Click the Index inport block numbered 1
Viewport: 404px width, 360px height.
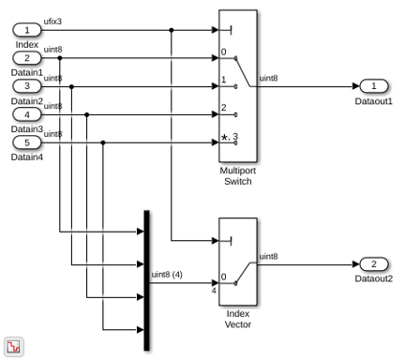click(x=27, y=30)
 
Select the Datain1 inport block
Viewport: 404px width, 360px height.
click(x=27, y=58)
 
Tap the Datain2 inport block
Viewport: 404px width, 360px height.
click(x=27, y=86)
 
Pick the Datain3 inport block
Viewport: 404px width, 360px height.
click(x=27, y=114)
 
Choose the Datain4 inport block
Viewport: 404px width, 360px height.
click(x=27, y=142)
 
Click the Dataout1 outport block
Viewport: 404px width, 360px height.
click(x=374, y=86)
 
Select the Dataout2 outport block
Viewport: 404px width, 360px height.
click(x=374, y=264)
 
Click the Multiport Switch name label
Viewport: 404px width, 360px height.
click(x=238, y=176)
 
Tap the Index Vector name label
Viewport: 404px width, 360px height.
click(x=238, y=319)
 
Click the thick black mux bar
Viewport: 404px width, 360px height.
click(x=146, y=280)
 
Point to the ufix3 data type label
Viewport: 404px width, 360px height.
click(x=52, y=22)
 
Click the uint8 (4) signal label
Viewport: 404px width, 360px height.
click(x=167, y=275)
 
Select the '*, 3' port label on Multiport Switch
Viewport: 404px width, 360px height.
click(x=230, y=137)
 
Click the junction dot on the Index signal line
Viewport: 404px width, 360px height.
click(x=172, y=30)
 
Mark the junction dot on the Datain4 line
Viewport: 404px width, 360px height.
click(x=103, y=142)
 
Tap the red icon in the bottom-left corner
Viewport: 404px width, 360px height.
click(x=14, y=347)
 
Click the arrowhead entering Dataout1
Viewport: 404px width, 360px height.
click(x=356, y=86)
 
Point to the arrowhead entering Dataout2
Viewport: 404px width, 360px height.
click(x=356, y=264)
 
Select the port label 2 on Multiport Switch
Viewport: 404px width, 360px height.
click(x=224, y=108)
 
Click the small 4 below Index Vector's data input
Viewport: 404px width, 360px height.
click(x=214, y=291)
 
